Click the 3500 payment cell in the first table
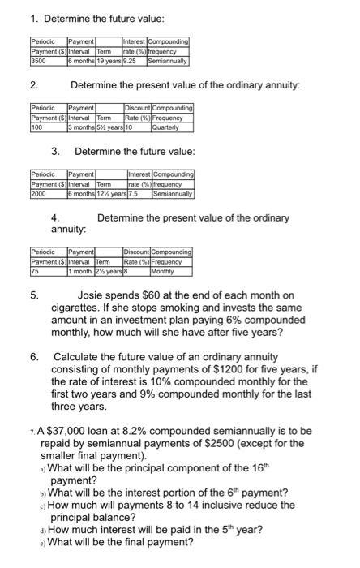pos(37,60)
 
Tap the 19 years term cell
pos(108,60)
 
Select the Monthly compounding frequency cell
pos(165,260)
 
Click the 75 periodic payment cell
pos(34,260)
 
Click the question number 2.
pos(33,84)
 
